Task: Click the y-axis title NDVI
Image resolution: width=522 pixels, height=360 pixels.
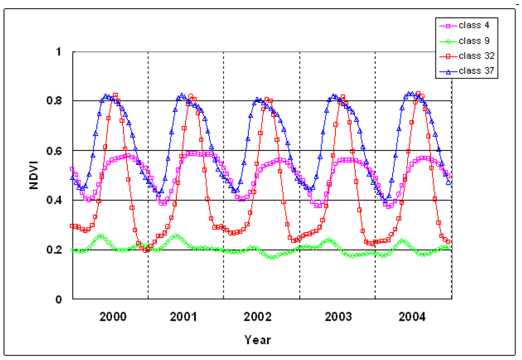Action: (34, 176)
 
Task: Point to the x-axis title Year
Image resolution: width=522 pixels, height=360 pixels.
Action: (257, 340)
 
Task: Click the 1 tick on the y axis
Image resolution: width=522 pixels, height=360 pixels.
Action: (59, 52)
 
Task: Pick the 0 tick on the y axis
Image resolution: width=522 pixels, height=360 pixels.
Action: (59, 300)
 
